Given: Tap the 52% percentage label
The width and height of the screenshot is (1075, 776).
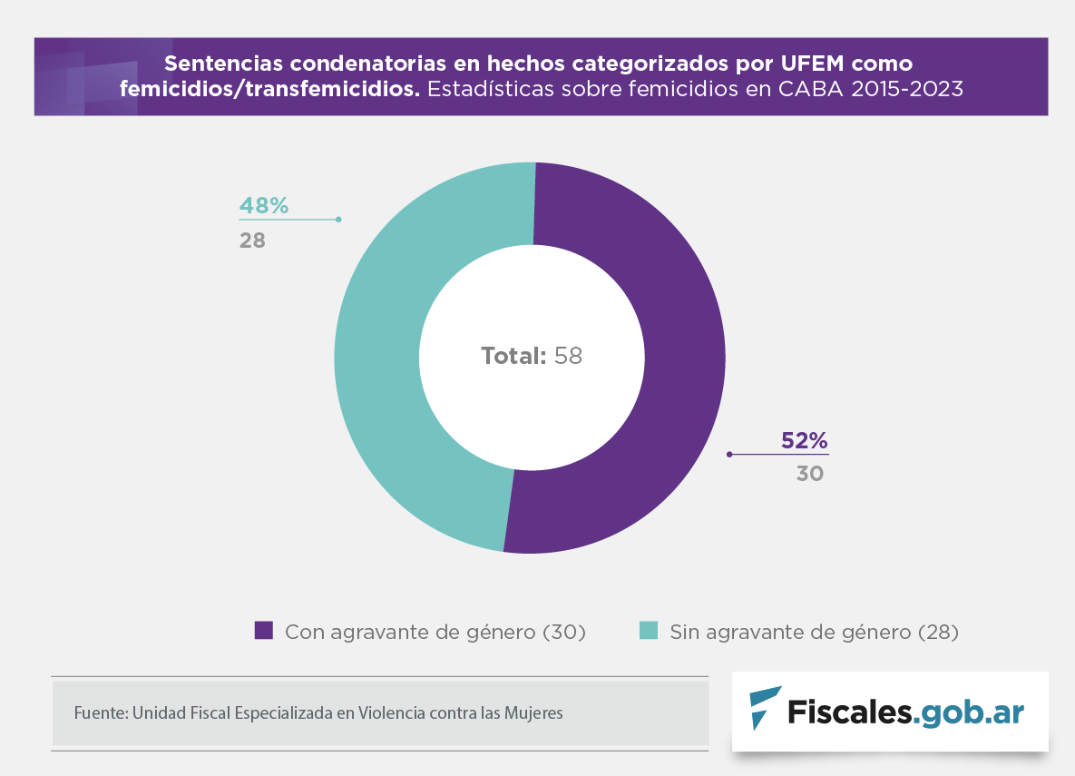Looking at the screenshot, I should (804, 441).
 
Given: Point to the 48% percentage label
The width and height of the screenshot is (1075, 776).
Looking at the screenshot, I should (264, 206).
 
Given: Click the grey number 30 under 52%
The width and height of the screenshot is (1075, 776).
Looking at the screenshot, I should (810, 473).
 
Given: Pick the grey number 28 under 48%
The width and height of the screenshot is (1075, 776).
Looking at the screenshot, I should (252, 241).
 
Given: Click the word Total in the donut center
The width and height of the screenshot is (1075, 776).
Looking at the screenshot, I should (513, 356).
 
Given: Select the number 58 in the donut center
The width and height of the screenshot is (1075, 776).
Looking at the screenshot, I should (568, 356).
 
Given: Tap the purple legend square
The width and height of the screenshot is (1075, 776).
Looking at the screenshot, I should (264, 631).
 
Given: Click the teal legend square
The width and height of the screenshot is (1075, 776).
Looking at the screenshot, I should (649, 631).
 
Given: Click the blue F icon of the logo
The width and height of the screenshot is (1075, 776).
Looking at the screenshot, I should (764, 708).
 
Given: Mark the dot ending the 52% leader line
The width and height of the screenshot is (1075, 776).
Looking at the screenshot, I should (729, 454).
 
